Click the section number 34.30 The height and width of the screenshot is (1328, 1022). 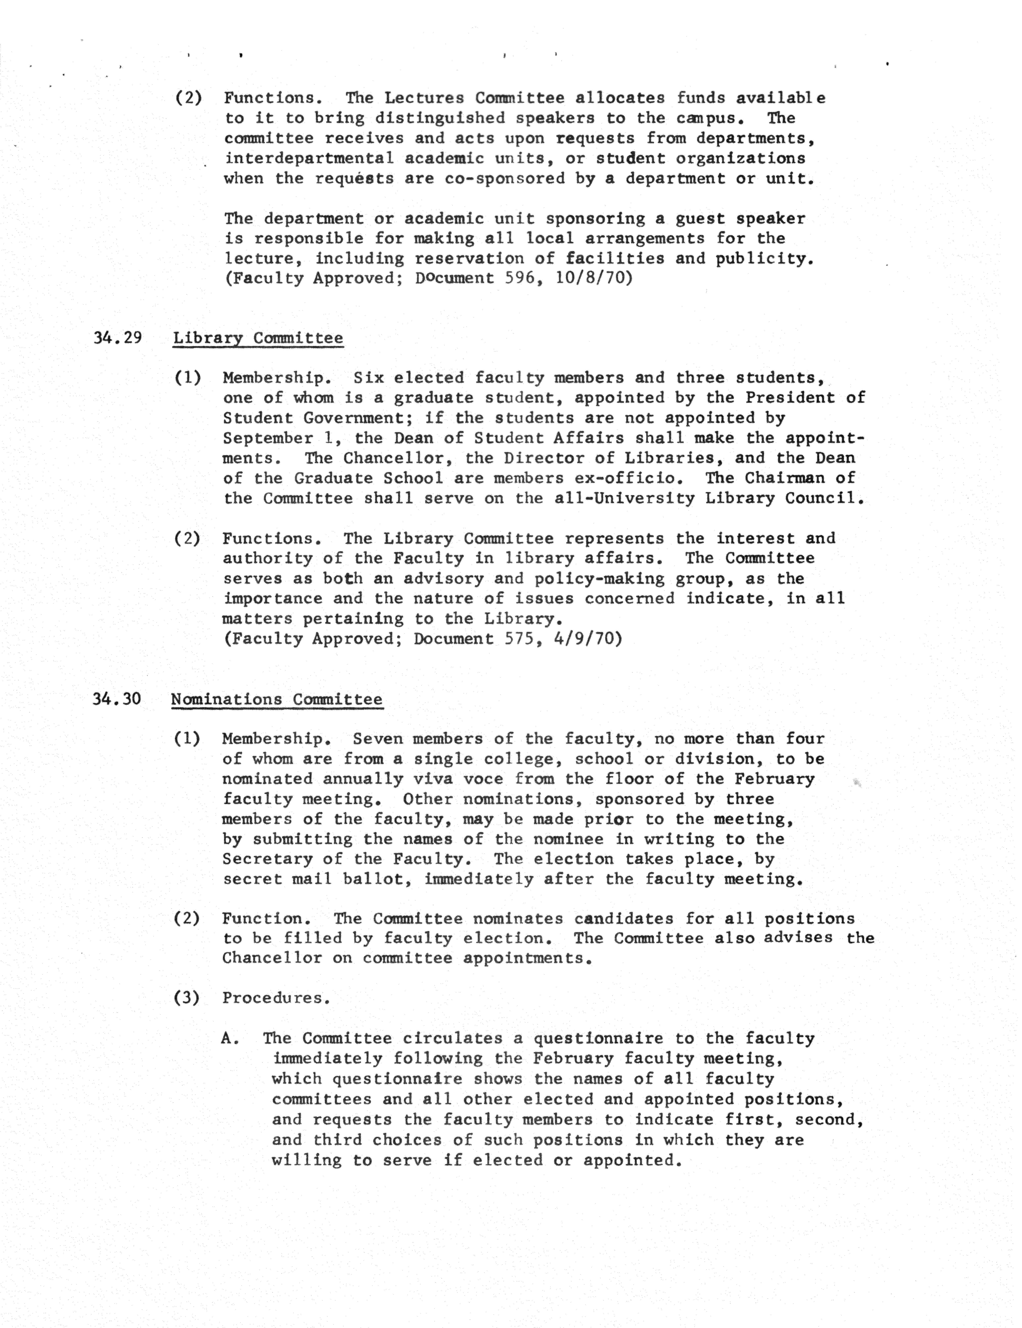(117, 699)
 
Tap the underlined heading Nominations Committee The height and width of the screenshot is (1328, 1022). (277, 699)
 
